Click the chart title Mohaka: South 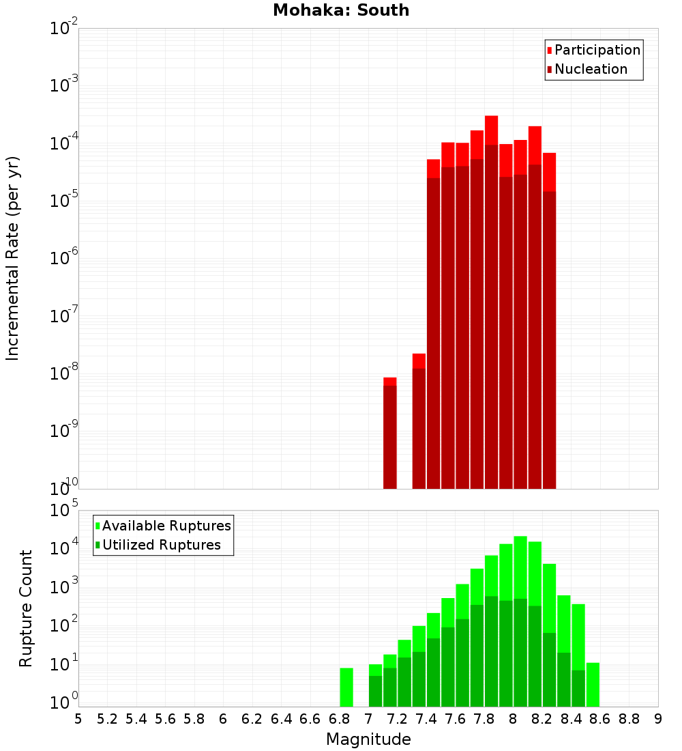pos(341,10)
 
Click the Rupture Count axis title pos(26,608)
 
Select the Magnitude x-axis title pos(368,739)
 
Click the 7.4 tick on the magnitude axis pos(426,719)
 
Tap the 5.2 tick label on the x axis pos(107,719)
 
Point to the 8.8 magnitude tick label pos(629,719)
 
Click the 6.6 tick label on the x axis pos(310,719)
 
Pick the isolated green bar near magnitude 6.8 pos(346,687)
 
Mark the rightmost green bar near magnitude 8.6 pos(593,684)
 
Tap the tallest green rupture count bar pos(520,621)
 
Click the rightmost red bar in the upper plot pos(549,321)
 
